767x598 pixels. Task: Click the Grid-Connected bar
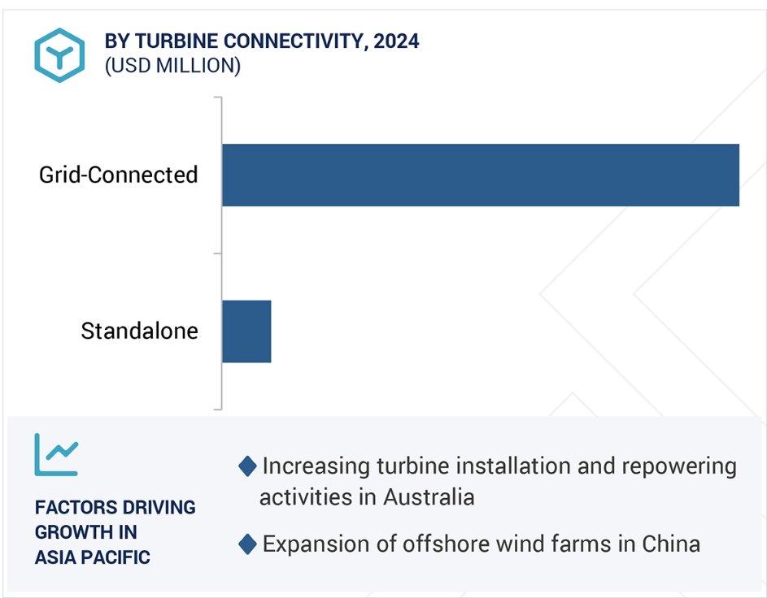(x=481, y=175)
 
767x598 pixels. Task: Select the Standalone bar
(x=246, y=331)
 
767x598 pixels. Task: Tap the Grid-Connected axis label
(x=119, y=175)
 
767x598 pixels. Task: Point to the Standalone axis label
(x=139, y=331)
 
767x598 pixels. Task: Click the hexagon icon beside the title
(x=59, y=55)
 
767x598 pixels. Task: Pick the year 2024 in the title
(x=396, y=41)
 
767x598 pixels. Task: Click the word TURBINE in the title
(x=176, y=41)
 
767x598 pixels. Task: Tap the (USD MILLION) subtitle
(x=172, y=66)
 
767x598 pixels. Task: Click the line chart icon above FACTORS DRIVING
(x=56, y=455)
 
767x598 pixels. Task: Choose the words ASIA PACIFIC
(x=93, y=557)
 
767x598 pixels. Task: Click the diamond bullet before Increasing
(x=247, y=466)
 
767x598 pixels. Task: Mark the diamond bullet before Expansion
(x=247, y=544)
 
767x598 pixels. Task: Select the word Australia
(x=429, y=497)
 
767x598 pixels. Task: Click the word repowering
(x=679, y=467)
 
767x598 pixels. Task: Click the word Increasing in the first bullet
(x=316, y=467)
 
